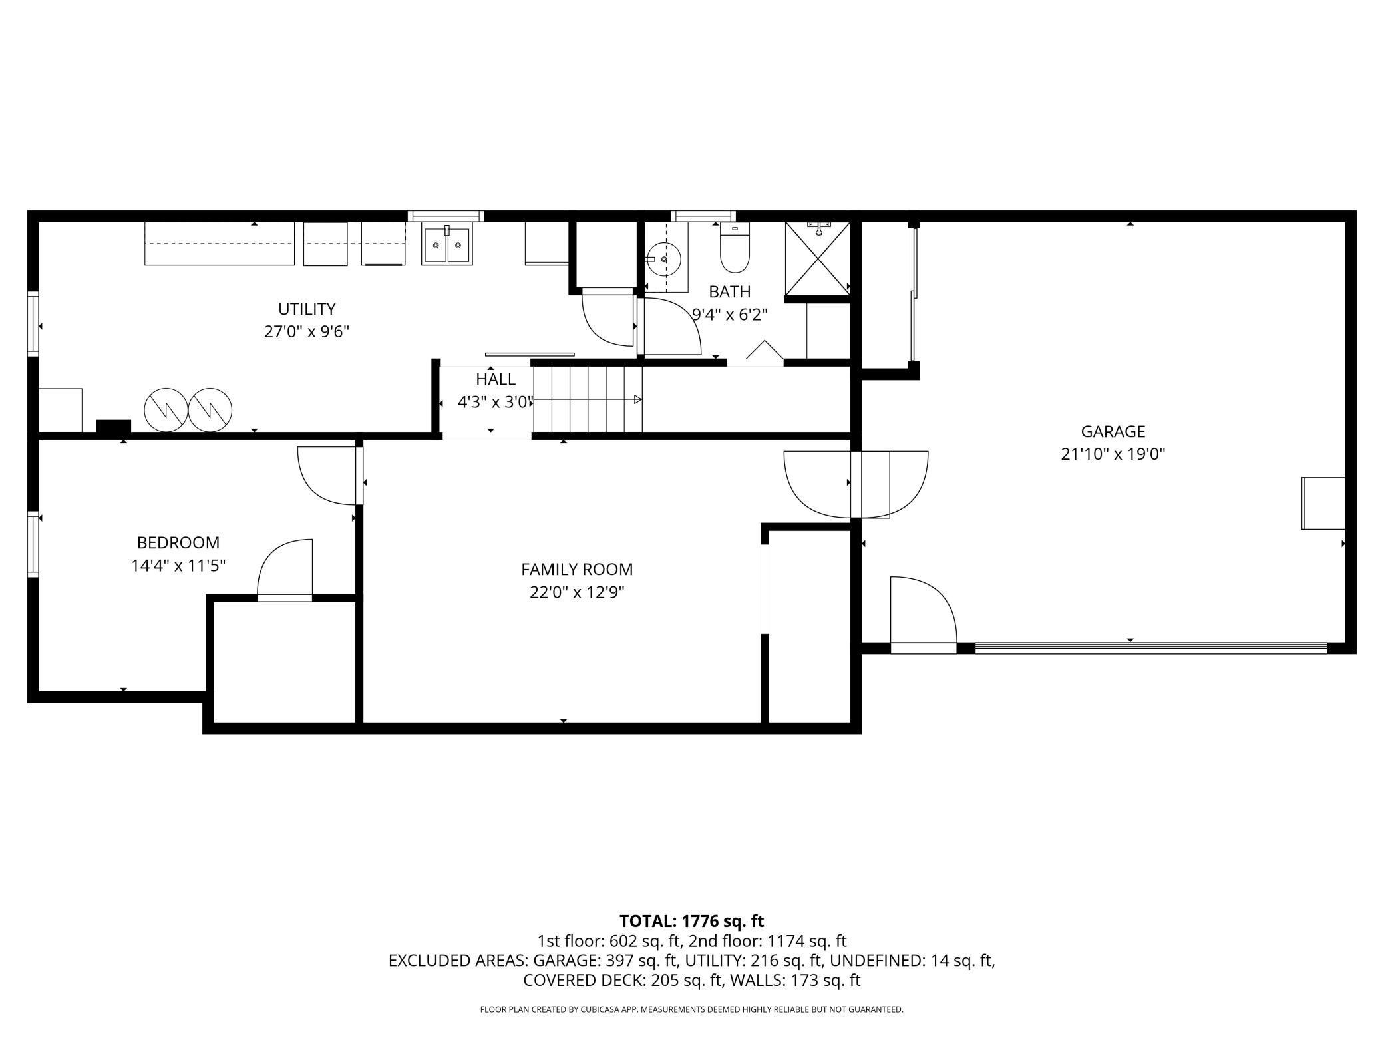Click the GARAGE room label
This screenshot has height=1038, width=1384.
tap(1113, 432)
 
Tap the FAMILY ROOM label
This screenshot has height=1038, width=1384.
tap(577, 570)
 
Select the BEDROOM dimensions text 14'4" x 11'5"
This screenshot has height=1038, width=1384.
tap(178, 566)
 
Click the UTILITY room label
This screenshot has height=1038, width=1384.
tap(307, 309)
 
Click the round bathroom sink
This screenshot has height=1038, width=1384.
tap(662, 258)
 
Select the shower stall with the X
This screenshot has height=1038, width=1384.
tap(818, 258)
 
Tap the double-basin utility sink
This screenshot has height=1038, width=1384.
tap(446, 246)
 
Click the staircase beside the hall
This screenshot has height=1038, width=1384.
tap(588, 399)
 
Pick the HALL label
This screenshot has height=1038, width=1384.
tap(496, 379)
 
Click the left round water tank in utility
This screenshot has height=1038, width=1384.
tap(166, 410)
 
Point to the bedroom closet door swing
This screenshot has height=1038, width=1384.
tap(285, 568)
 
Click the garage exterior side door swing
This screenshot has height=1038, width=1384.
tap(923, 611)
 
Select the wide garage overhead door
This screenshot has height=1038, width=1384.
tap(1150, 647)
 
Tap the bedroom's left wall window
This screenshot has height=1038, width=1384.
tap(33, 544)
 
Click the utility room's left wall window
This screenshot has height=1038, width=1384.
tap(33, 323)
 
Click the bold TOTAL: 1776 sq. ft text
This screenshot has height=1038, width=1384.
tap(691, 921)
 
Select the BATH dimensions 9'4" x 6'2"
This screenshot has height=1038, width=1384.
tap(730, 315)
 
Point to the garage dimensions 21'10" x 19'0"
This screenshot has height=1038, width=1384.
tap(1113, 454)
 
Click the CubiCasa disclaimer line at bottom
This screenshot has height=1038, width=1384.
tap(691, 1009)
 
